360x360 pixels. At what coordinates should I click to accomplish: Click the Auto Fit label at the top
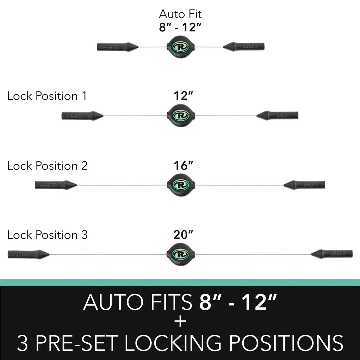(180, 14)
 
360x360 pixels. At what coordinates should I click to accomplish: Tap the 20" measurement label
(183, 235)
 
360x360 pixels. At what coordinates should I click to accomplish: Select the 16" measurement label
(183, 166)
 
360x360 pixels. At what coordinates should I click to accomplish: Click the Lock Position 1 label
(47, 96)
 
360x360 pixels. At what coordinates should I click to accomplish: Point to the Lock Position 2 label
(47, 166)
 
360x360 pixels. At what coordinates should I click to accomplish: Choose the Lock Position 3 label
(47, 235)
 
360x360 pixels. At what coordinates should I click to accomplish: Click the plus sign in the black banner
(180, 322)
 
